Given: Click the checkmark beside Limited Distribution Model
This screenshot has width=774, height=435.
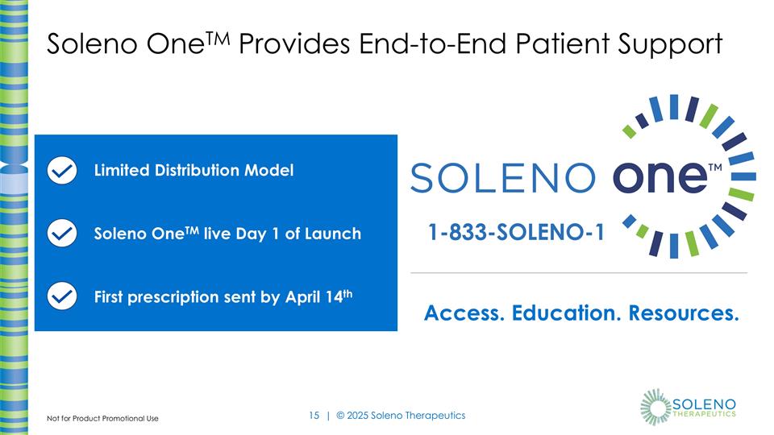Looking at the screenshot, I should click(62, 170).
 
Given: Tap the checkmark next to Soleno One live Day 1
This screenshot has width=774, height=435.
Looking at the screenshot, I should click(62, 234).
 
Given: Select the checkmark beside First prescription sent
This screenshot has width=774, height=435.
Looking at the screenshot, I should click(62, 296).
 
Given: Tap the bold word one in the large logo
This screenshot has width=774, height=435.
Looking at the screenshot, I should click(658, 176).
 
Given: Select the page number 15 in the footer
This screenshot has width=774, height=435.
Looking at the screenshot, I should click(314, 416).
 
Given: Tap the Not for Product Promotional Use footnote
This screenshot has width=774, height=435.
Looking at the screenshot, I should click(102, 419).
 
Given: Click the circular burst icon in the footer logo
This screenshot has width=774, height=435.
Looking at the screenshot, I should click(655, 406).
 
